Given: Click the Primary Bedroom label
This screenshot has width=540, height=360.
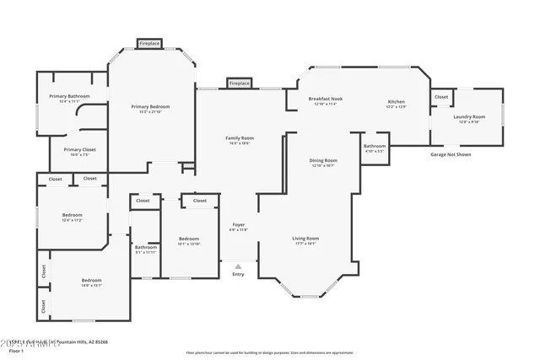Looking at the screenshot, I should (x=150, y=106).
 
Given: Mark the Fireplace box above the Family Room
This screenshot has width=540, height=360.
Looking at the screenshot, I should (x=239, y=83).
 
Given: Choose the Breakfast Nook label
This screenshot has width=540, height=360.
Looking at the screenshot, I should (x=325, y=99).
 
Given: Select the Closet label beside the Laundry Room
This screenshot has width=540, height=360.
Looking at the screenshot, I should (x=441, y=97).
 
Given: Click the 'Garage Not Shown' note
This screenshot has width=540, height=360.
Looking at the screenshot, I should (x=451, y=154).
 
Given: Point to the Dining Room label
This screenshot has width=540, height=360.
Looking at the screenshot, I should (x=324, y=160).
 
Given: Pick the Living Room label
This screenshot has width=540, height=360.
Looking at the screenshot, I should (x=305, y=239).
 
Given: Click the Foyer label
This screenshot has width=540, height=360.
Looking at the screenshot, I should (x=238, y=224).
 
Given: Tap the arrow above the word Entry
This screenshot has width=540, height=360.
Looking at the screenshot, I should (x=238, y=266).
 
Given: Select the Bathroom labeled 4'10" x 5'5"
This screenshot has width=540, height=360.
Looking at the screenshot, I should (x=375, y=146).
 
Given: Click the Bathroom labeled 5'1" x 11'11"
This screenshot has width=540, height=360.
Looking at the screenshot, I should (x=145, y=247).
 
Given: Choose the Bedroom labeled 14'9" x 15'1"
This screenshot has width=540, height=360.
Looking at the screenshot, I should (x=91, y=280).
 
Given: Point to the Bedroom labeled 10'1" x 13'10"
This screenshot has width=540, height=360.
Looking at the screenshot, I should (x=189, y=239).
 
